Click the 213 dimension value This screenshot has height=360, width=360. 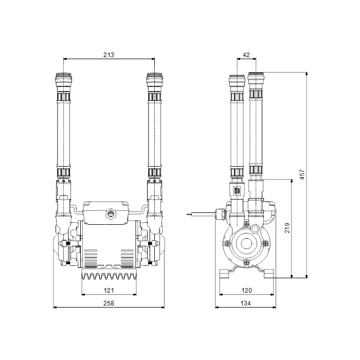click(108, 55)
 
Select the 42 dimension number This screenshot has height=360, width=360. click(246, 55)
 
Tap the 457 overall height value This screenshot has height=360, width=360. click(302, 175)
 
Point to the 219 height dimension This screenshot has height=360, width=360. click(287, 227)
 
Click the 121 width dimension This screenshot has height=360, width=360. click(109, 291)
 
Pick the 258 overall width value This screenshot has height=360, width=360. click(109, 303)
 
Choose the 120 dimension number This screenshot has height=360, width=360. click(246, 291)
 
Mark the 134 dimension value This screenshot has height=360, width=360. click(246, 303)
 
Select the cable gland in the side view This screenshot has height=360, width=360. click(221, 212)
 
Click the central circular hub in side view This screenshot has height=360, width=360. click(245, 243)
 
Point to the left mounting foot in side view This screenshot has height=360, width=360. click(223, 273)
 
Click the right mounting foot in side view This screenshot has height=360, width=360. click(268, 273)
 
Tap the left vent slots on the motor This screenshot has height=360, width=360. click(90, 256)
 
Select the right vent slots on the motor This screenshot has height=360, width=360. click(128, 256)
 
